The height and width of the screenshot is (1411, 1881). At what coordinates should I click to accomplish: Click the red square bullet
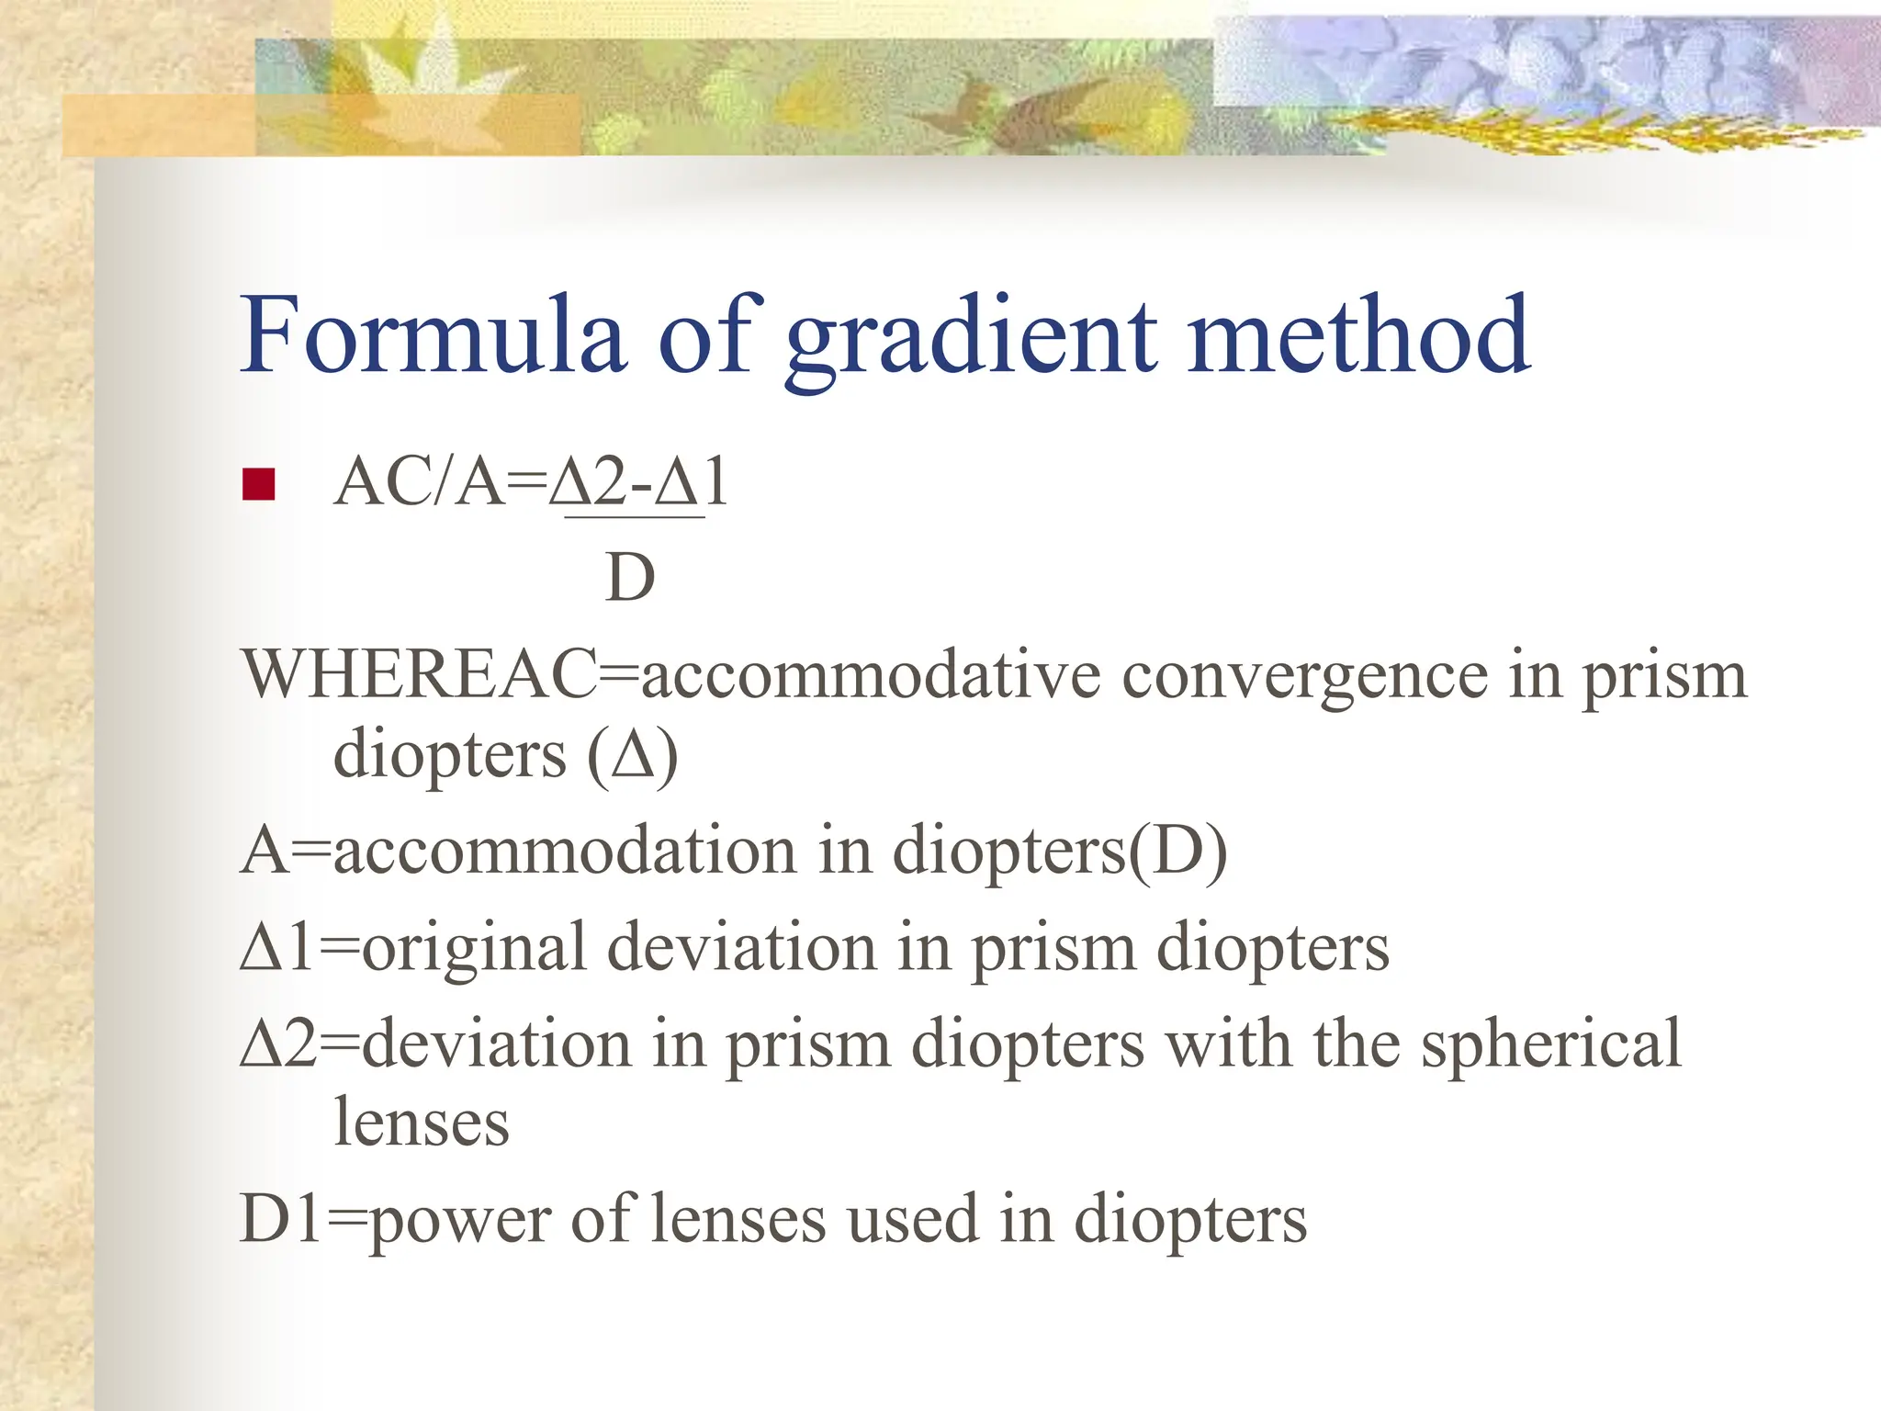tap(258, 484)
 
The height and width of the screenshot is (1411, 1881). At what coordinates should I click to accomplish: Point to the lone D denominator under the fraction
tap(630, 578)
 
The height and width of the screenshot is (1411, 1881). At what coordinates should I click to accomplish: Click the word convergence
tap(1304, 675)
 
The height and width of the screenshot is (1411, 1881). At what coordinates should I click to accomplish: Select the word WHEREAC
tap(419, 675)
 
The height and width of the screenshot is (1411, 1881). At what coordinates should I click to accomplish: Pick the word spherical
tap(1551, 1045)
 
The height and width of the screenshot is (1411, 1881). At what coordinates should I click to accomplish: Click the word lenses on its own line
tap(421, 1122)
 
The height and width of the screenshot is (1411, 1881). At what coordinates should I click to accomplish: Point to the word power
tap(459, 1221)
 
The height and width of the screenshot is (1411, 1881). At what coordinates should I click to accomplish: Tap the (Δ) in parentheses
tap(633, 756)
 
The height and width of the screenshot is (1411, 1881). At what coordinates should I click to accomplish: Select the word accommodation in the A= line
tap(565, 850)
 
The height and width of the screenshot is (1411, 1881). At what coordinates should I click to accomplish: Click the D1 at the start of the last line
tap(281, 1219)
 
